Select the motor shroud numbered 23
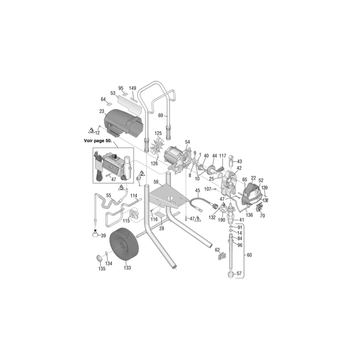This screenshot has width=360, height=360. pos(123,123)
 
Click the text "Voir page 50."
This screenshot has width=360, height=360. pos(98,141)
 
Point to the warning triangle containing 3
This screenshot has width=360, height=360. pos(91,130)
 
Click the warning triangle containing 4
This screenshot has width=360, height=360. pos(223,205)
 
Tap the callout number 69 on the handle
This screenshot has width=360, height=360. pos(161,115)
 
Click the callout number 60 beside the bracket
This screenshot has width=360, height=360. pos(249,255)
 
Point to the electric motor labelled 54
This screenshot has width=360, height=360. pos(178,160)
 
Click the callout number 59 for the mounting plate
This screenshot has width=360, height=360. pos(156,182)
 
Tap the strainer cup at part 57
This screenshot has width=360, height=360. pos(231,274)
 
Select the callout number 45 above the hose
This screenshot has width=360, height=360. pos(198,190)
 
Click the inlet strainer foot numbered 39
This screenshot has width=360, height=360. pos(95,234)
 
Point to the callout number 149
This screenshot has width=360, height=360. pos(132,88)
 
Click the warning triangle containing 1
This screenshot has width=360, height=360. pos(198,219)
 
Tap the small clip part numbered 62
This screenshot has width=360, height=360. pos(222,256)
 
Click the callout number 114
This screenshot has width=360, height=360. pos(134,196)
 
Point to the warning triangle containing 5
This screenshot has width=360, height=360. pos(121,188)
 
